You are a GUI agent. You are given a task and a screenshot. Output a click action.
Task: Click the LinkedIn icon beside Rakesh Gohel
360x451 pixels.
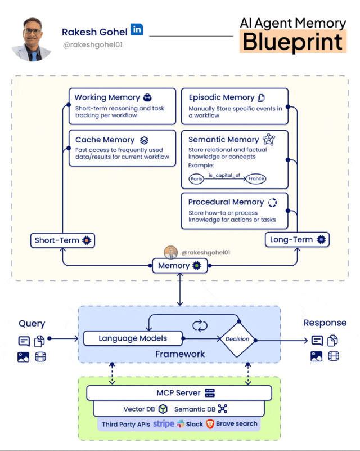(136, 29)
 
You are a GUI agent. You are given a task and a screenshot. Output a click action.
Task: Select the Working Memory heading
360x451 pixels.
(107, 97)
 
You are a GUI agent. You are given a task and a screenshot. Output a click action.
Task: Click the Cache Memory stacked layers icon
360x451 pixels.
(144, 140)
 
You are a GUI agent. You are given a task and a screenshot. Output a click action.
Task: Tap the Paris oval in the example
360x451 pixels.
(196, 179)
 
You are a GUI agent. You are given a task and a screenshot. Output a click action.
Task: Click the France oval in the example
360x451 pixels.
(256, 179)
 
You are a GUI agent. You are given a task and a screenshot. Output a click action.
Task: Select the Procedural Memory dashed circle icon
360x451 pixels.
(272, 202)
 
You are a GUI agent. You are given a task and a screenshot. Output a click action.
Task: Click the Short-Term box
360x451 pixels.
(62, 240)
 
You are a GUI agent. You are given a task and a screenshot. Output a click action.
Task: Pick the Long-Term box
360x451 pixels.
(297, 239)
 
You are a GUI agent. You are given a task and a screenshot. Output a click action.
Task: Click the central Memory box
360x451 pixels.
(179, 266)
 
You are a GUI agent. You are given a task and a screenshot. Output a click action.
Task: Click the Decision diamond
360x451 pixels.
(237, 339)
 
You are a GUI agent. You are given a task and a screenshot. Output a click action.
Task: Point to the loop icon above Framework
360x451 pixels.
(199, 325)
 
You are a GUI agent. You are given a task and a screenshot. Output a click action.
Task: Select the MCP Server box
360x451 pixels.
(179, 392)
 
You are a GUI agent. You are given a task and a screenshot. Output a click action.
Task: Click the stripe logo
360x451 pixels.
(164, 424)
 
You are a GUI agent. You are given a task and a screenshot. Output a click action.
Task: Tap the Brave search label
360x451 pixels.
(237, 424)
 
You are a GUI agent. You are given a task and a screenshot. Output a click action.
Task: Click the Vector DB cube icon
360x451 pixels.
(163, 409)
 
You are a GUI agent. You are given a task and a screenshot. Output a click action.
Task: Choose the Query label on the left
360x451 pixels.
(32, 323)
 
